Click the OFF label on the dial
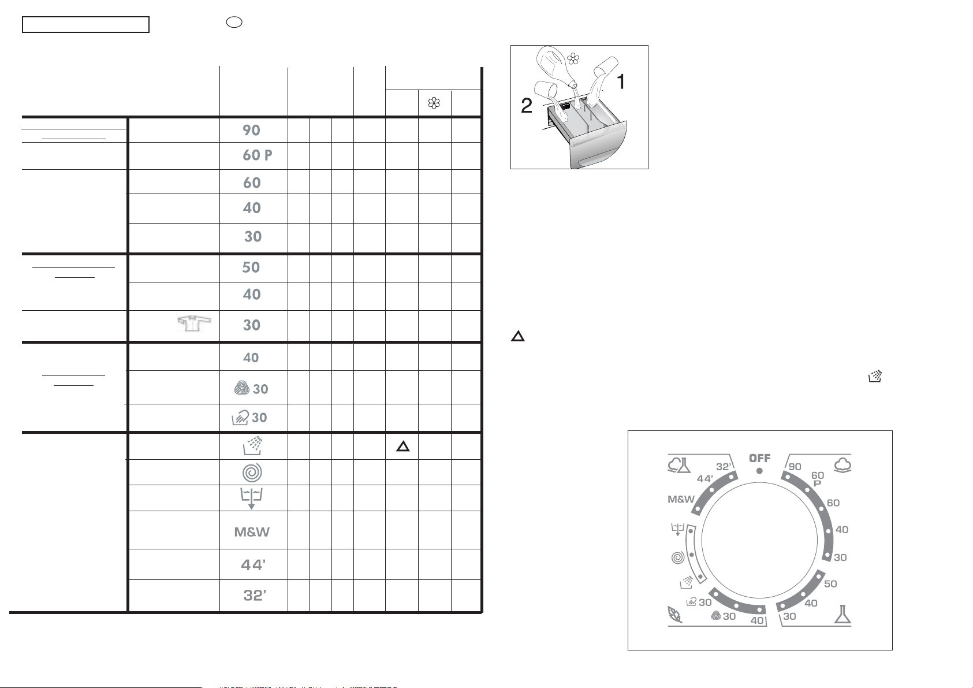click(x=759, y=458)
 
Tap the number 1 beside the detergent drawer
click(x=621, y=82)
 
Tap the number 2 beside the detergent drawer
click(x=526, y=106)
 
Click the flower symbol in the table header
click(x=434, y=103)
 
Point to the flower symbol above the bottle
click(x=572, y=58)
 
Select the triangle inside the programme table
click(x=403, y=446)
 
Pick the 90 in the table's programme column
click(x=251, y=131)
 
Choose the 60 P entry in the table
click(x=258, y=155)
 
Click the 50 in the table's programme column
click(x=251, y=267)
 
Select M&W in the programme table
click(x=252, y=532)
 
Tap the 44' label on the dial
click(x=706, y=479)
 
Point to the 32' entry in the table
click(x=254, y=596)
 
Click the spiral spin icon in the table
click(x=252, y=473)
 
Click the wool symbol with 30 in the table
click(x=251, y=389)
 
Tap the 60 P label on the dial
click(x=818, y=479)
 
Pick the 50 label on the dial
click(x=830, y=584)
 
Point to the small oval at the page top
click(x=233, y=21)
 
